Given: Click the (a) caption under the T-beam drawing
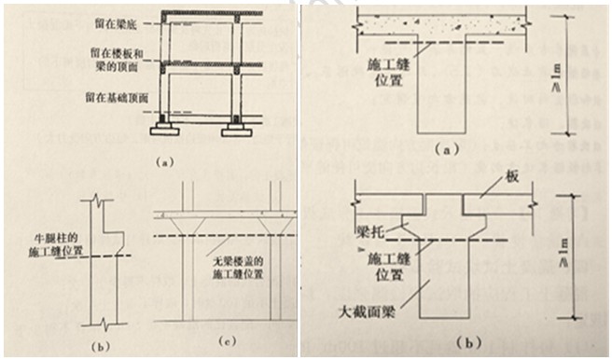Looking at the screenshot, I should (x=448, y=147).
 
